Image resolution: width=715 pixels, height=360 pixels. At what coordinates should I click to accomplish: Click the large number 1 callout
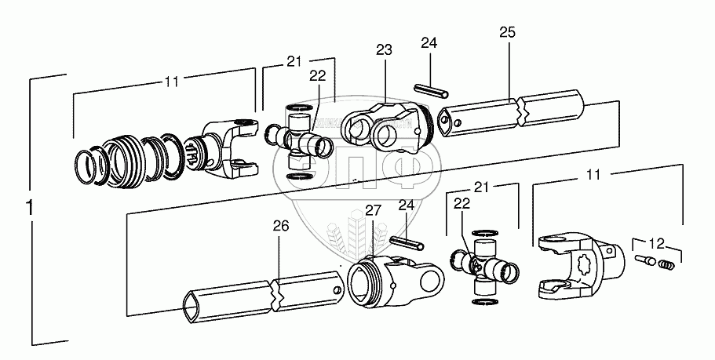point(30,209)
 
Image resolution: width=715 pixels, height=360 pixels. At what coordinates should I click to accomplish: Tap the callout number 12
point(655,243)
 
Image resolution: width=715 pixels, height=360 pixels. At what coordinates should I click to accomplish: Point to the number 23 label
point(383,49)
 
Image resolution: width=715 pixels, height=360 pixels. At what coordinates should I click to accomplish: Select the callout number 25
point(507,32)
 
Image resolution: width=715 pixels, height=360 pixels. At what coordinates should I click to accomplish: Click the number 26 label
point(280,227)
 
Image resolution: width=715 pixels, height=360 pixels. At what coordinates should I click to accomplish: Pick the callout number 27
point(373,210)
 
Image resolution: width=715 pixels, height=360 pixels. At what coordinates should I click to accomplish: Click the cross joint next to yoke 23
point(297,140)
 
